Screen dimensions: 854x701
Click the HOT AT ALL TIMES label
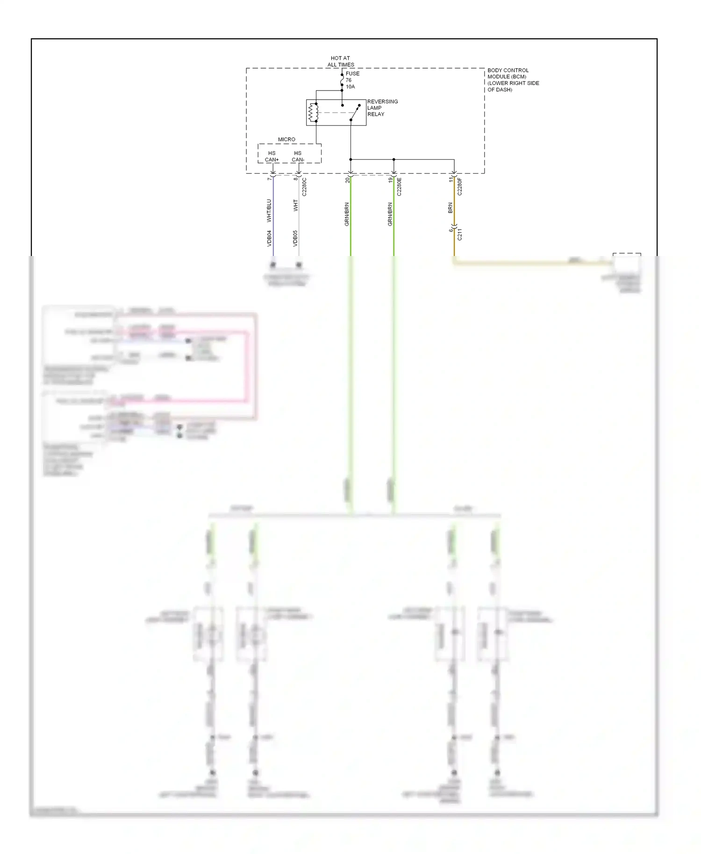click(340, 61)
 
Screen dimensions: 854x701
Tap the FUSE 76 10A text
click(352, 80)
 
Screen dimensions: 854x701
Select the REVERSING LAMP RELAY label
click(382, 108)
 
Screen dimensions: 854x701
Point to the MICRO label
click(286, 139)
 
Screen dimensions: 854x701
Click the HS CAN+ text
click(272, 157)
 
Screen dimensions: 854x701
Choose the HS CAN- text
click(298, 157)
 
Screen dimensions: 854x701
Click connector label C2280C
click(304, 187)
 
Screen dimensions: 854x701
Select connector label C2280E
click(399, 186)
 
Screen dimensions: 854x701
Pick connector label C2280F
click(459, 186)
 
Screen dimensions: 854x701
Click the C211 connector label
click(459, 235)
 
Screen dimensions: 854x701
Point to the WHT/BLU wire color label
click(269, 211)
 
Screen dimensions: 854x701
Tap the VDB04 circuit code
click(269, 238)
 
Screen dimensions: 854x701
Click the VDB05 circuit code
click(295, 238)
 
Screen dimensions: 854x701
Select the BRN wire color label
click(450, 208)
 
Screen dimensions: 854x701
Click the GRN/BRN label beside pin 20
click(347, 214)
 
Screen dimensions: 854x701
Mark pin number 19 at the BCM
click(390, 179)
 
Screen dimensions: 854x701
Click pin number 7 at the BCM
click(269, 178)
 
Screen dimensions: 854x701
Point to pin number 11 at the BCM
click(451, 179)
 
